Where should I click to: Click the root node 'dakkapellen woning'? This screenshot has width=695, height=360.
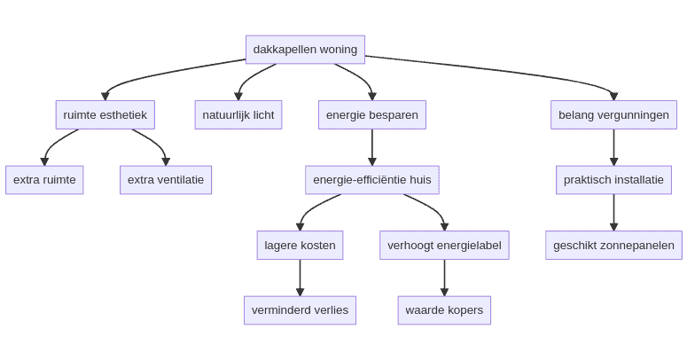[305, 50]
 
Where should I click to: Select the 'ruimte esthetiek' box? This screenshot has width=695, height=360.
[105, 114]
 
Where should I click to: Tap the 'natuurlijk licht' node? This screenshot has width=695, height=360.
[238, 114]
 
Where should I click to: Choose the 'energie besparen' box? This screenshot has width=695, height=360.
[372, 114]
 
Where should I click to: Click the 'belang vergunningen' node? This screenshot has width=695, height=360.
[613, 114]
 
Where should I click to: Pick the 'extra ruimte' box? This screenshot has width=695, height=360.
[44, 180]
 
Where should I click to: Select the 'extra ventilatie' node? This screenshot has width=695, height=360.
[166, 180]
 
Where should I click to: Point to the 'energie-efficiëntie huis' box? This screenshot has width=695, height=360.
[372, 180]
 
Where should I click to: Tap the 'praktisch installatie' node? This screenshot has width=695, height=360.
[613, 180]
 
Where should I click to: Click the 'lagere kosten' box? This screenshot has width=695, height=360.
[300, 245]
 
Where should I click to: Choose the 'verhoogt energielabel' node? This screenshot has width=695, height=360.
[444, 245]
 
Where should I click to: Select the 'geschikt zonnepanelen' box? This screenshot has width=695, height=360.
[613, 245]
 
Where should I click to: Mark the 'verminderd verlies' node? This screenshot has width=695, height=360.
[300, 310]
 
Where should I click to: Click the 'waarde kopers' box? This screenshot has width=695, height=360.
[444, 310]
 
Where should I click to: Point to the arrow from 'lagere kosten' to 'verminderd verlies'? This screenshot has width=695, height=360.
[300, 278]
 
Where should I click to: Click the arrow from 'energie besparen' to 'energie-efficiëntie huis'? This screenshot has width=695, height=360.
[372, 147]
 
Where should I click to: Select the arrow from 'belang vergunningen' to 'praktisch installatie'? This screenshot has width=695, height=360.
[613, 147]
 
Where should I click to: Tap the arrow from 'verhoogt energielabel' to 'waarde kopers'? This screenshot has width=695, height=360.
[444, 278]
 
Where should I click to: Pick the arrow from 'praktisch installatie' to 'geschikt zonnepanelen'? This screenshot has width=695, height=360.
[613, 213]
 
